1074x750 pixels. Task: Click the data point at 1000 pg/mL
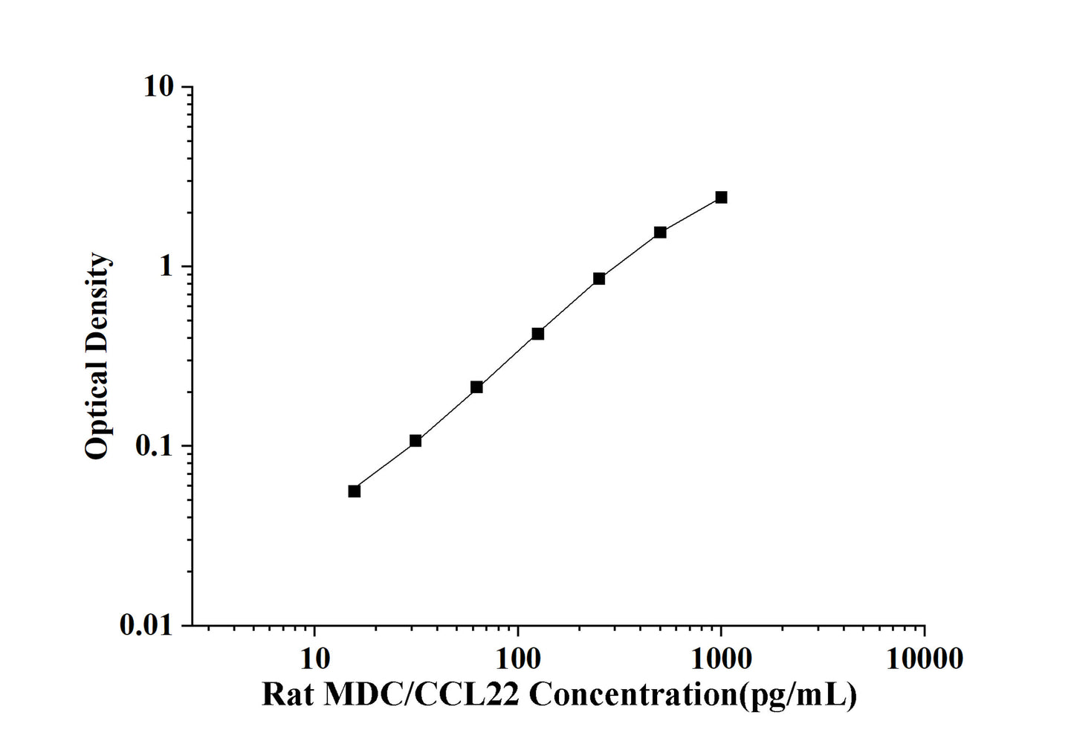(x=721, y=197)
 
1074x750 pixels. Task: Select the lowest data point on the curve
(x=355, y=491)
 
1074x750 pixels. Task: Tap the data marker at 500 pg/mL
(x=660, y=232)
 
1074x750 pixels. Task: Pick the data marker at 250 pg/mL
(x=599, y=279)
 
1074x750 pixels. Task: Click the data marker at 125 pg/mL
(x=538, y=334)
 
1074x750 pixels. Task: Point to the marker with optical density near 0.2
(x=476, y=387)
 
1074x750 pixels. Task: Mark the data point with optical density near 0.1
(x=415, y=441)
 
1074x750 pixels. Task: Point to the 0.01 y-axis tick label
(x=146, y=626)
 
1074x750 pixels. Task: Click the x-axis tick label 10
(x=314, y=658)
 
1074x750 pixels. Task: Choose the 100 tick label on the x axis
(x=518, y=658)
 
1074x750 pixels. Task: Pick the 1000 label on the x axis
(x=721, y=658)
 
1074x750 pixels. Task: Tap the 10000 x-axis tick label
(x=925, y=658)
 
